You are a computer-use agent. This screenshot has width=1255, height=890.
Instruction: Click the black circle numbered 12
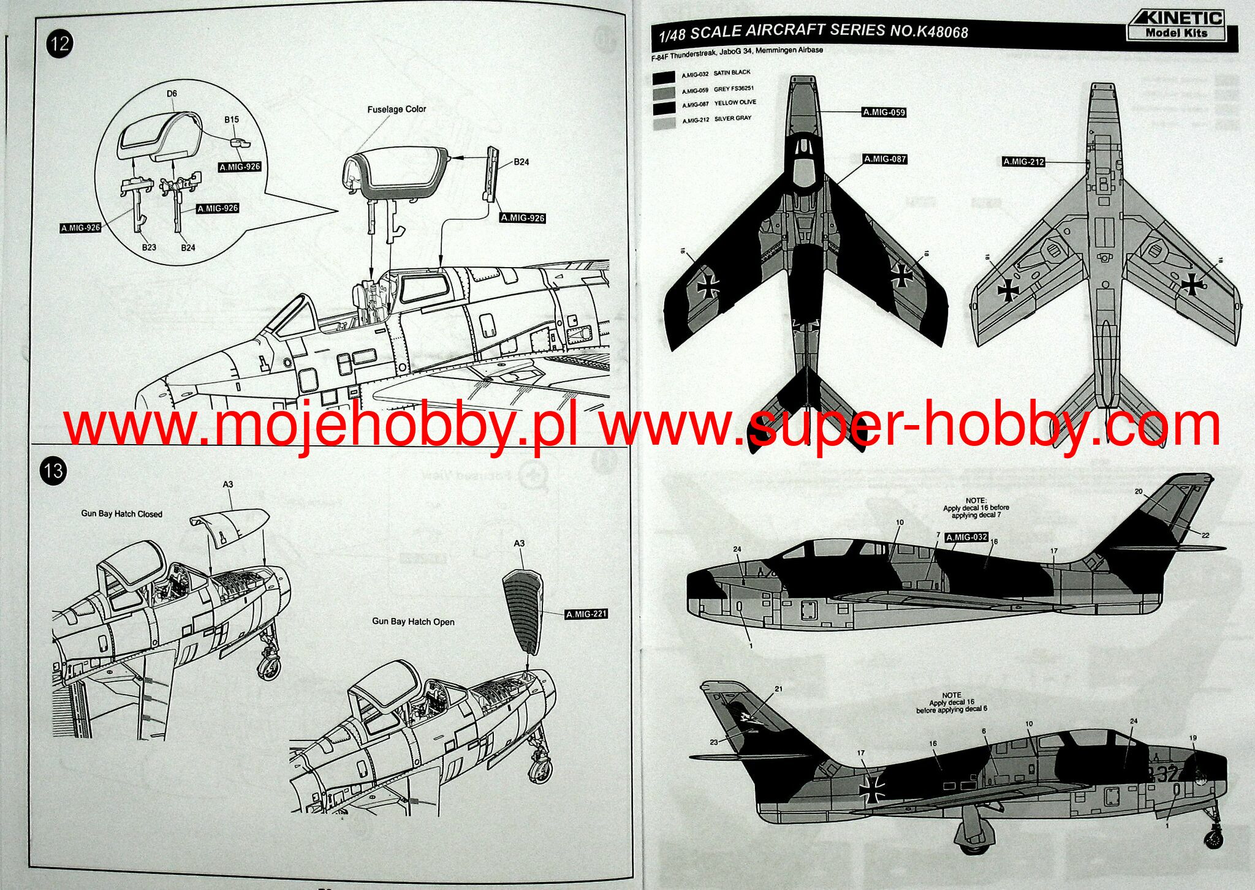[x=60, y=44]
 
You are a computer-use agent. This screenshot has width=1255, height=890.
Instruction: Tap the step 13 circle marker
[x=53, y=470]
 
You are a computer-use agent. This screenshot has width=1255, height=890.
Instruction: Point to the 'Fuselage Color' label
[x=396, y=109]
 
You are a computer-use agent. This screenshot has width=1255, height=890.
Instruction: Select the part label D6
[x=172, y=94]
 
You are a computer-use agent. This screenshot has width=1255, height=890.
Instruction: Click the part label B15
[x=232, y=119]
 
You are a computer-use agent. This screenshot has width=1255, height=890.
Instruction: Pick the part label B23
[x=149, y=247]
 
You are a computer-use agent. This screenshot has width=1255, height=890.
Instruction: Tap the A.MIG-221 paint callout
[x=586, y=614]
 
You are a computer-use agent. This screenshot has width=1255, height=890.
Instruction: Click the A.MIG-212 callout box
[x=1023, y=162]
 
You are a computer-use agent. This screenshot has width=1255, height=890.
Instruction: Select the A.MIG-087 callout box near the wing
[x=884, y=159]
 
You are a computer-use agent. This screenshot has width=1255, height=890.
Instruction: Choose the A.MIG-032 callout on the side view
[x=966, y=537]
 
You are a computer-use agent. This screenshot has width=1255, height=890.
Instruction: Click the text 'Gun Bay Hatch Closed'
[x=121, y=514]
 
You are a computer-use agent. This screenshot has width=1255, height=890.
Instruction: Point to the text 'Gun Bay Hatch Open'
[x=413, y=622]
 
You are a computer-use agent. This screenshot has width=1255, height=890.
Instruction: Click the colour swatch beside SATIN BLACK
[x=664, y=77]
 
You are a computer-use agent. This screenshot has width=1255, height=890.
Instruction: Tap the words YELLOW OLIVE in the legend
[x=735, y=103]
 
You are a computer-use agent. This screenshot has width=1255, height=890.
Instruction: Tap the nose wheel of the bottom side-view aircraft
[x=1213, y=839]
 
